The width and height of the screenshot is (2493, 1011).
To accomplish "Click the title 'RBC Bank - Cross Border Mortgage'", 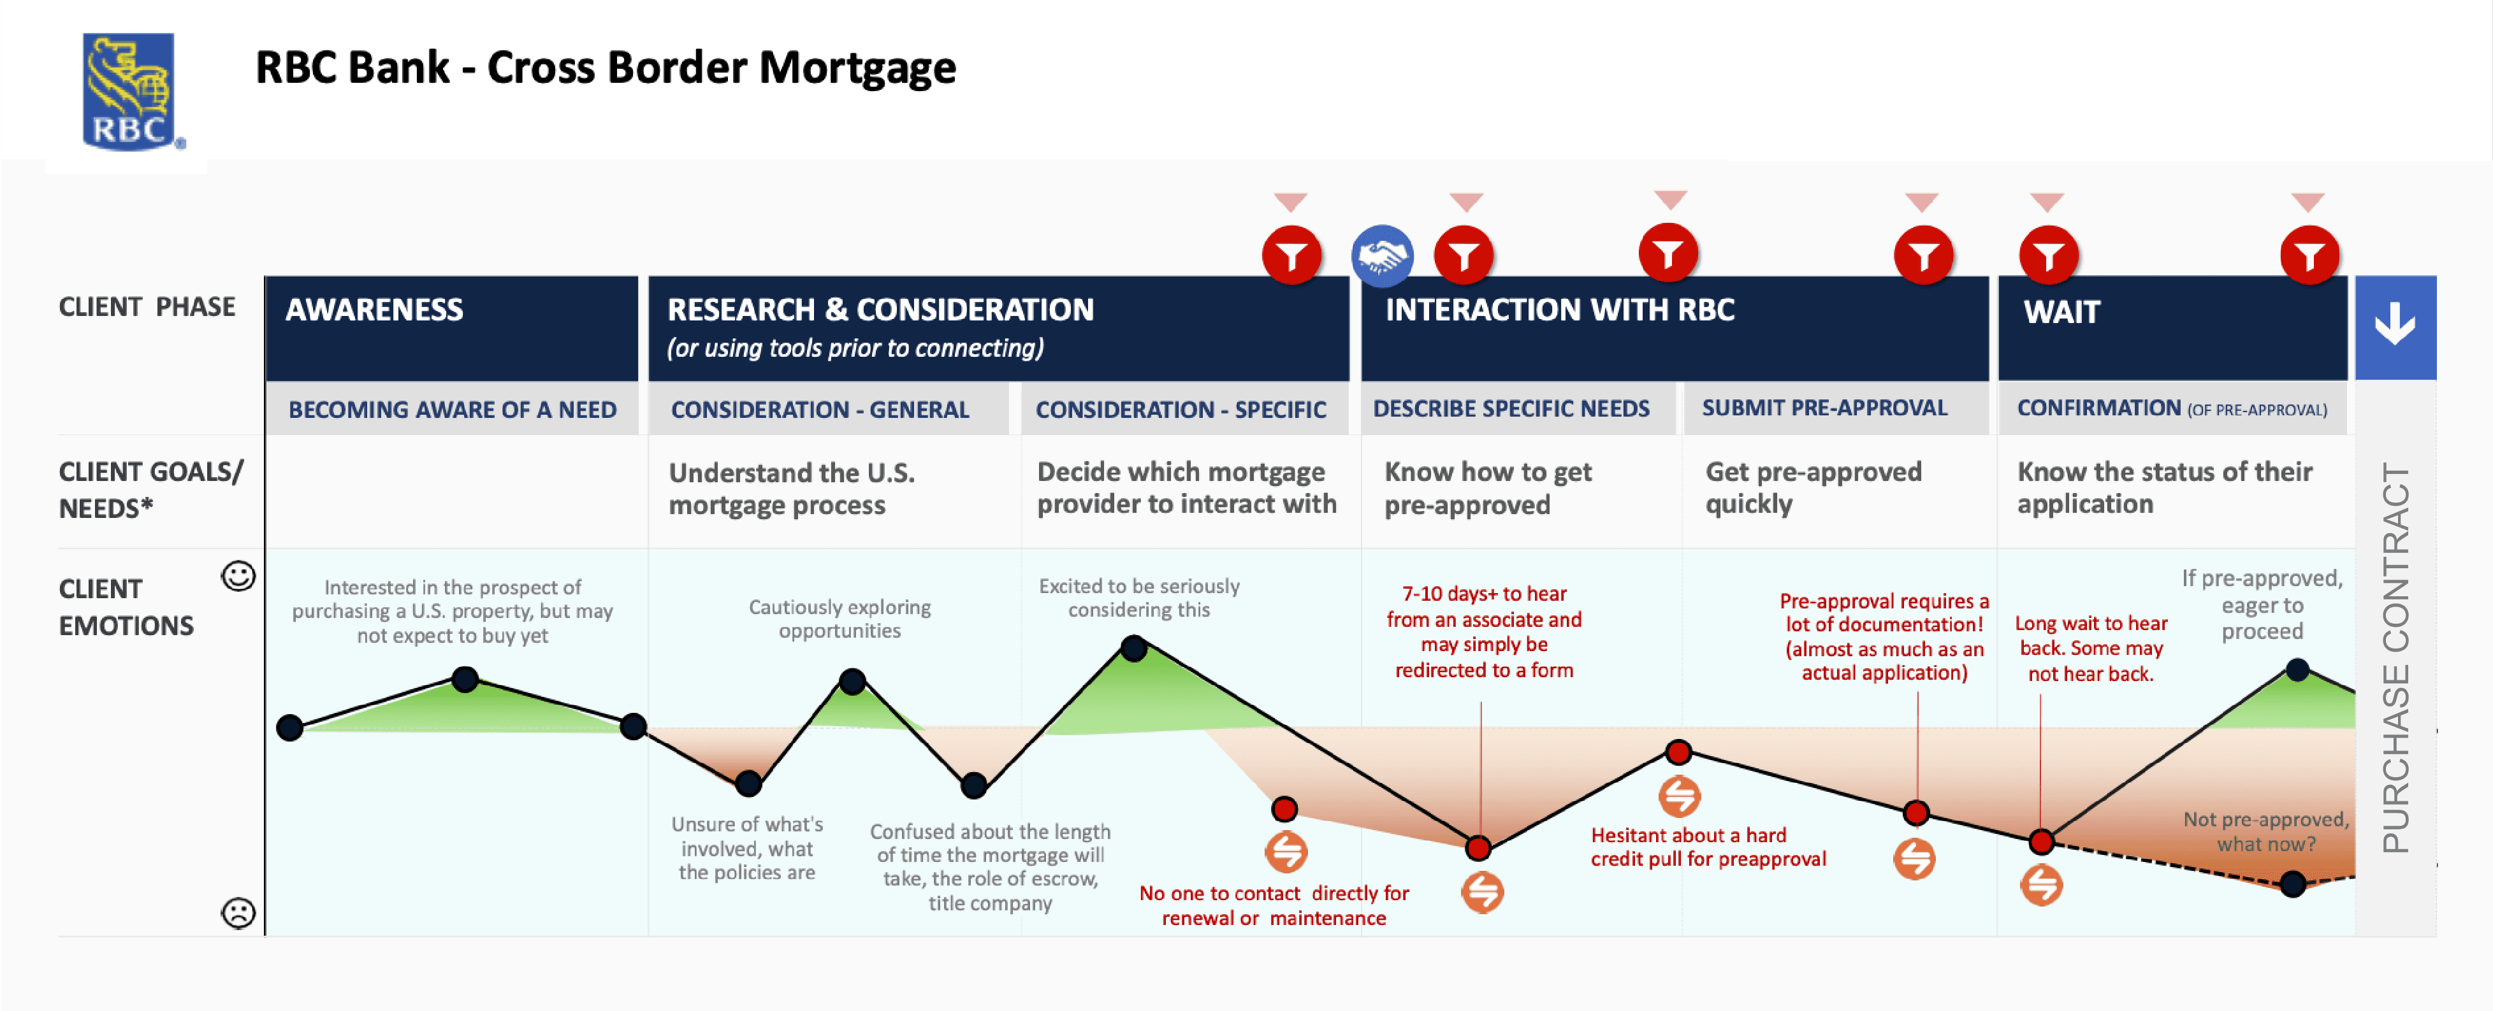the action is [x=605, y=68].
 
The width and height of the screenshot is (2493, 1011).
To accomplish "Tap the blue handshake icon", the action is [x=1382, y=256].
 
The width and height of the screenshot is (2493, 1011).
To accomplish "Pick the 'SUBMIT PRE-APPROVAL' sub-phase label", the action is [x=1824, y=408].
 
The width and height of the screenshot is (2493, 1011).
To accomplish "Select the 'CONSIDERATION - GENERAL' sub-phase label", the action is [x=820, y=410].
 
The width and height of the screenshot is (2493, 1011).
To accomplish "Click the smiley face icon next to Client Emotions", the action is [x=238, y=577].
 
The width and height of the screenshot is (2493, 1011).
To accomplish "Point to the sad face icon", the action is [x=238, y=912].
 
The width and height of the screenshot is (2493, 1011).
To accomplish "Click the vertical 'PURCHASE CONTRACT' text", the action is [x=2395, y=658].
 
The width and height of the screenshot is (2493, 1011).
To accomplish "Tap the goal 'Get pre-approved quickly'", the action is [x=1813, y=487].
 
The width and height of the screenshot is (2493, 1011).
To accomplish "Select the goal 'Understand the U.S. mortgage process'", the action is [x=790, y=489].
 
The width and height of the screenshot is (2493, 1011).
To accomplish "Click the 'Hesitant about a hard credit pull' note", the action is [x=1708, y=847].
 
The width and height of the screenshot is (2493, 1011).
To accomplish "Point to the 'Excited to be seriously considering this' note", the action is [x=1139, y=598].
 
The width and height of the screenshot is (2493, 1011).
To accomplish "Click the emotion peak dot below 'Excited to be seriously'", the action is [x=1133, y=647].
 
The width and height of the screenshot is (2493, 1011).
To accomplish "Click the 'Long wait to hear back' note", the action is [x=2090, y=649].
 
